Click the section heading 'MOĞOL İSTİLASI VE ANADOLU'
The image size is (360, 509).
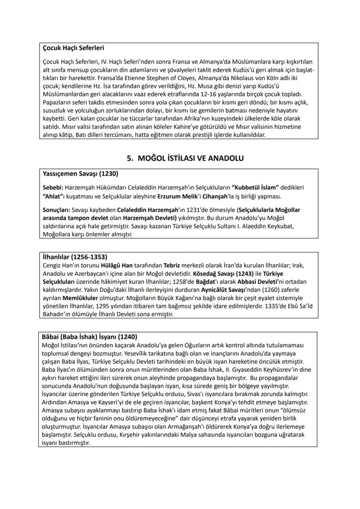[188, 159]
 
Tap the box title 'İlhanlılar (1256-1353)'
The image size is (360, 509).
[75, 256]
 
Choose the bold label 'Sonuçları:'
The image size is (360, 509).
[57, 210]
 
